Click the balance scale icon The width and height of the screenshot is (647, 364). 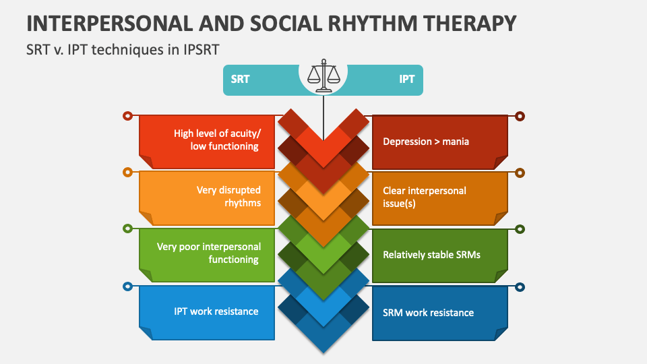point(323,75)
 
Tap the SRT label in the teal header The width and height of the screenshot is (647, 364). point(240,79)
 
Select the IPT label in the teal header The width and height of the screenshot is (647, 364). point(406,79)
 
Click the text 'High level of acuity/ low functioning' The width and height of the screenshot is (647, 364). point(216,140)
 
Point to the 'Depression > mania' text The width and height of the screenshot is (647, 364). point(426,142)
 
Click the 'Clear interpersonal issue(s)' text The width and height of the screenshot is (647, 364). point(425,196)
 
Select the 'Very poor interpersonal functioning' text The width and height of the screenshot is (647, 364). point(208,253)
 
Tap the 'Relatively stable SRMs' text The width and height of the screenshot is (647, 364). point(431,255)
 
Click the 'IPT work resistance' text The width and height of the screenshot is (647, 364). point(216,311)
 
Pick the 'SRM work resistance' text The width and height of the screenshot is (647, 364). point(428,313)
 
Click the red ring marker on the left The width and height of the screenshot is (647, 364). point(127,116)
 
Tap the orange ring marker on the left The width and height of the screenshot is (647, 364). point(127,173)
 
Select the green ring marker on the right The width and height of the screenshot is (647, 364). point(520,229)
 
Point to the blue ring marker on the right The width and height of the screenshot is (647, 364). point(520,286)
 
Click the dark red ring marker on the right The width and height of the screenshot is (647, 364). point(520,116)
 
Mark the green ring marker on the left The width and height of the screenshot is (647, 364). point(127,229)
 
